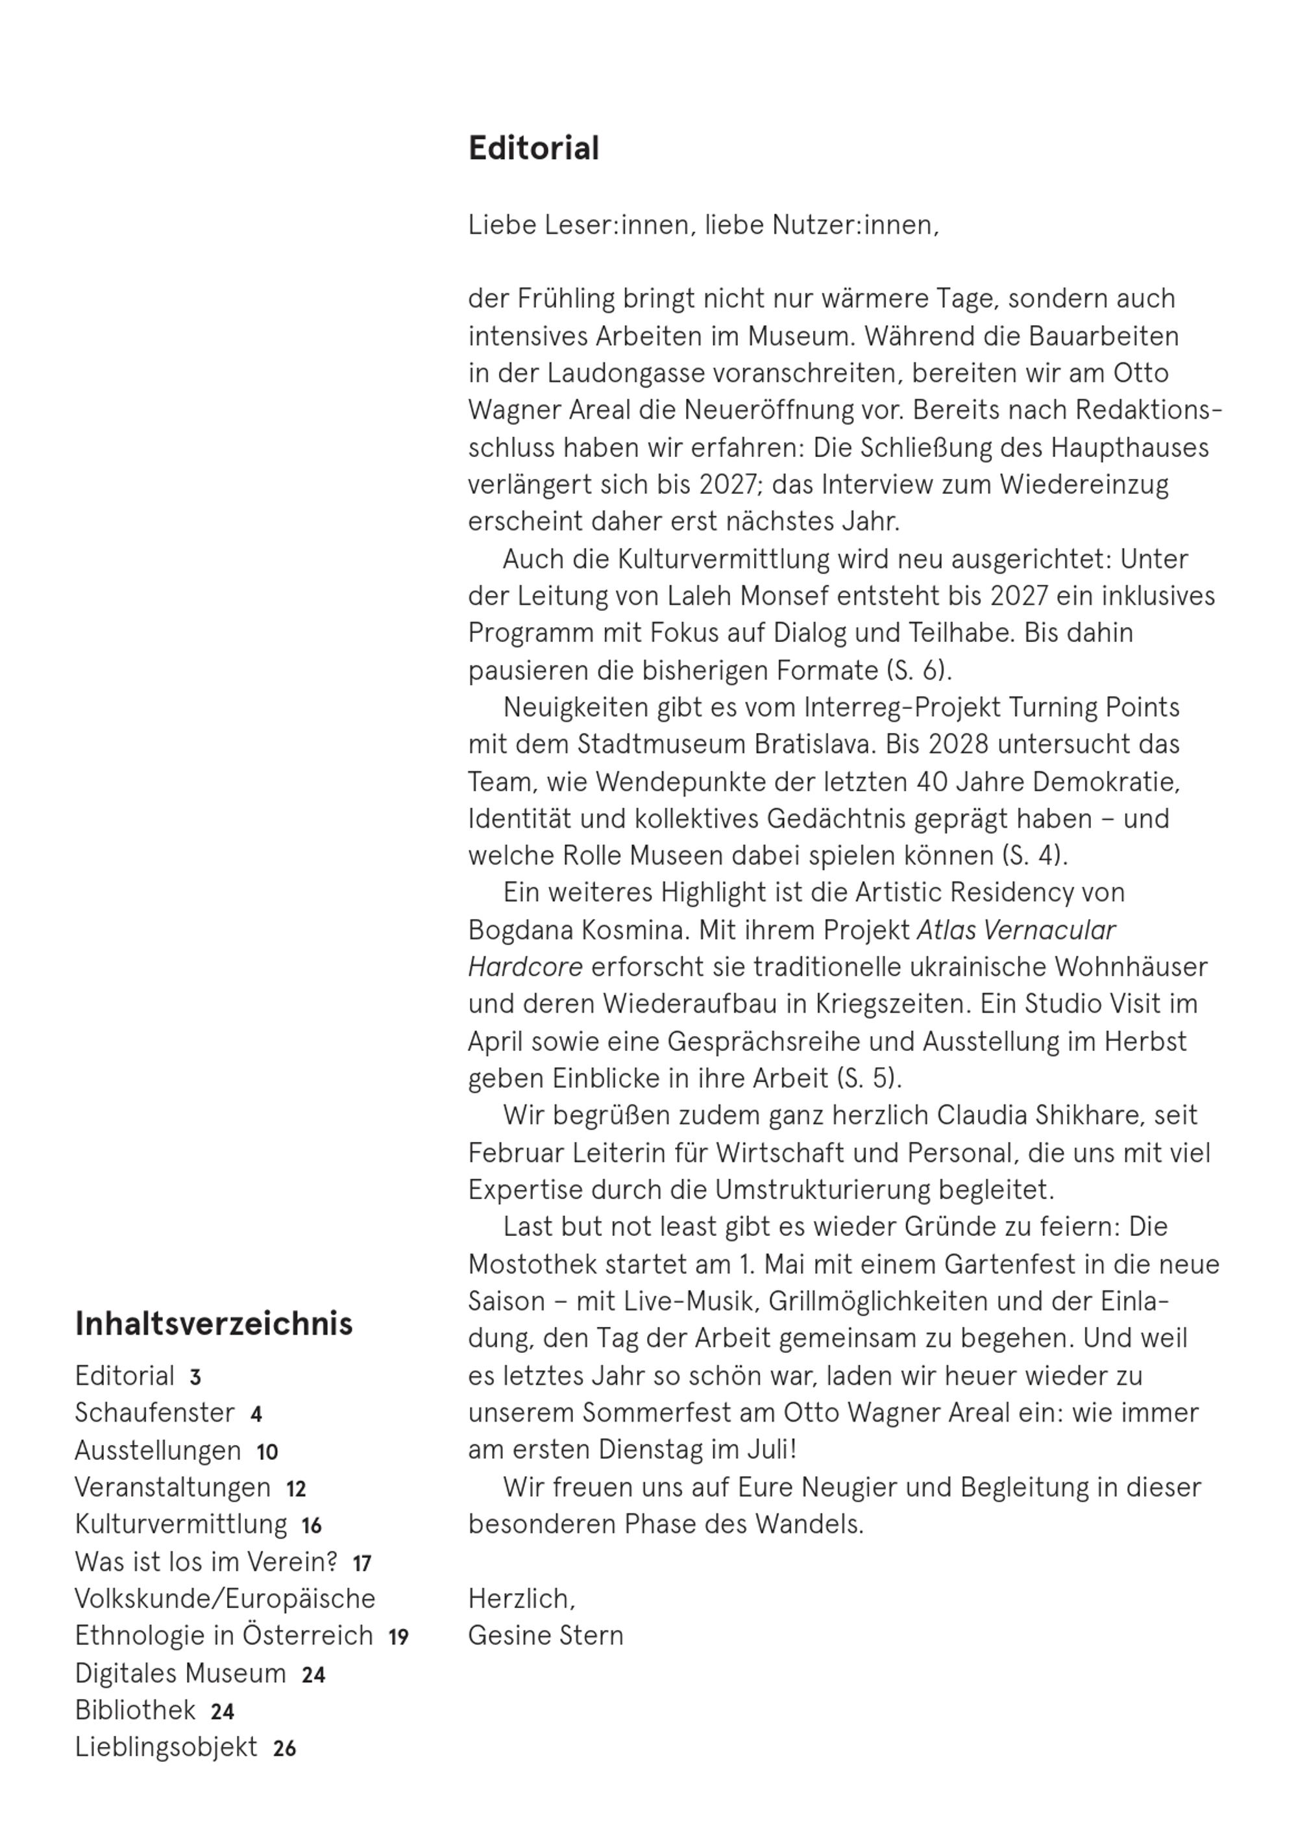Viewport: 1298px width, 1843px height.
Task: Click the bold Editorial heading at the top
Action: tap(533, 149)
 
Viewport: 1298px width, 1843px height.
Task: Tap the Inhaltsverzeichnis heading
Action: tap(214, 1324)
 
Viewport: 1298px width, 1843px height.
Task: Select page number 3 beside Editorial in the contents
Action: tap(195, 1378)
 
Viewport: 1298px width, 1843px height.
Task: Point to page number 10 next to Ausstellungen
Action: tap(267, 1452)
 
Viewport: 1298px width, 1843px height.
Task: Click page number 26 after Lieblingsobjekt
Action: tap(284, 1749)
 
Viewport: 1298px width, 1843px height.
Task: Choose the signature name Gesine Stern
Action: tap(545, 1636)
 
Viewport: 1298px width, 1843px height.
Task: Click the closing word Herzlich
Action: tap(521, 1599)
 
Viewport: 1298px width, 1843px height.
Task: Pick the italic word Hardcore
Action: tap(525, 967)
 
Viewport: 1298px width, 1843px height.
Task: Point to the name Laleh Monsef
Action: tap(717, 597)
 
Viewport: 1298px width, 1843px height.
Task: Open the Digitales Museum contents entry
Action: tap(180, 1674)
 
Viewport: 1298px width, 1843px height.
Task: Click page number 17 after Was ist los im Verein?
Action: tap(362, 1564)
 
